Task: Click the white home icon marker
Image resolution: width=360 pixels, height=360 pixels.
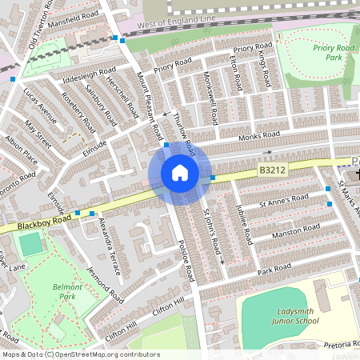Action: click(x=179, y=172)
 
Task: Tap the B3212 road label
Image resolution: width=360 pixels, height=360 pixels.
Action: click(x=272, y=170)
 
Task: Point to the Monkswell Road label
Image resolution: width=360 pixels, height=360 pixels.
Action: click(x=209, y=102)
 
